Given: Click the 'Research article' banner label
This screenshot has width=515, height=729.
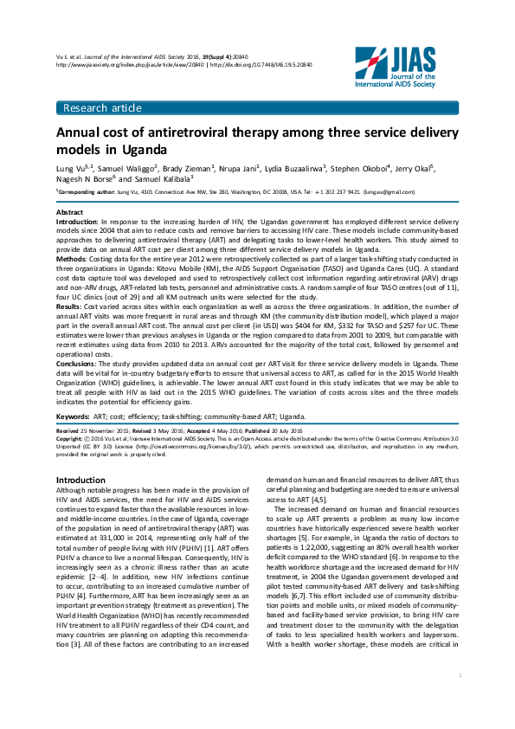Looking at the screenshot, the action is (x=99, y=107).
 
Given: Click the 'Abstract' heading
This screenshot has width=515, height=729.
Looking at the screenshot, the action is (x=69, y=212).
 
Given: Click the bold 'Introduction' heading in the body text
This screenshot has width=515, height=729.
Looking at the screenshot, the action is (x=80, y=480).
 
